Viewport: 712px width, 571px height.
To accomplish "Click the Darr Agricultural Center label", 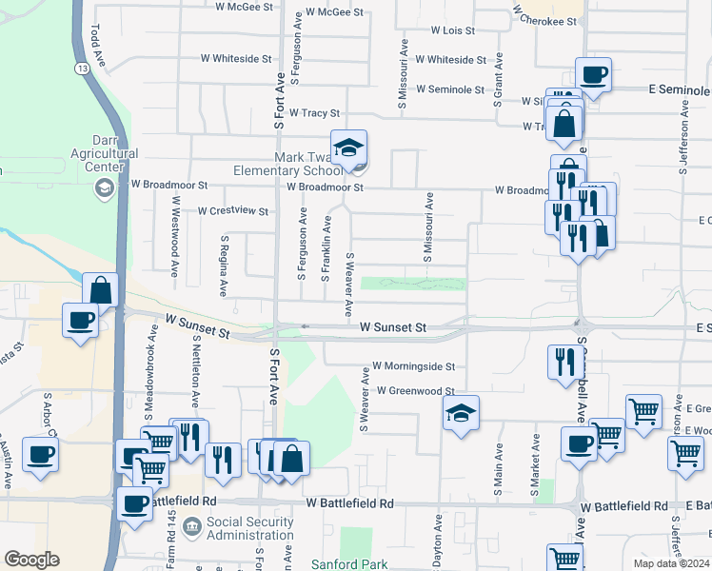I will coord(105,160).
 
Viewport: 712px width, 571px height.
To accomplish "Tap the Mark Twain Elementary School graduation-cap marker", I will coord(349,148).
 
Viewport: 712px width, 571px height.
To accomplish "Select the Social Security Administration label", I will coord(250,528).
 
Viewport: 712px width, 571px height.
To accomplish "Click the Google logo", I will coord(31,560).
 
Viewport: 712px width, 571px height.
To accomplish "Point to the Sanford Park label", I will coord(354,564).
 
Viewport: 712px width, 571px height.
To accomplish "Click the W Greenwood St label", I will coord(416,390).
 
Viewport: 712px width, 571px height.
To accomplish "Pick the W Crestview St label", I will coord(232,211).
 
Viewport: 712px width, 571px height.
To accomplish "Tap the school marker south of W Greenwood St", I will coord(461,413).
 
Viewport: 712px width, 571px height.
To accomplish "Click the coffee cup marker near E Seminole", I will coord(593,74).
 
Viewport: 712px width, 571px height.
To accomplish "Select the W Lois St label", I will coord(452,30).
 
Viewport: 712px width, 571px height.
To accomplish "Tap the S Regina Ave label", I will coord(225,266).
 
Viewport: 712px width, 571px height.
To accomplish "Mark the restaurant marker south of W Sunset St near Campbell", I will coord(562,361).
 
